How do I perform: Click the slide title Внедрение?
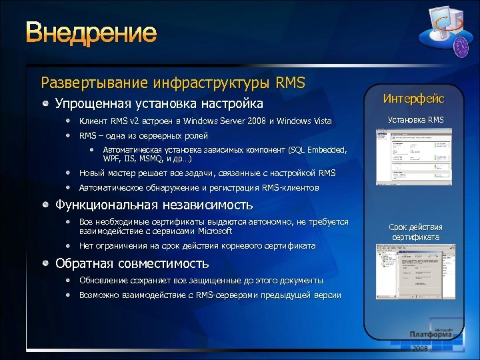tap(91, 33)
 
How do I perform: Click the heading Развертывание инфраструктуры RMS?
tap(173, 83)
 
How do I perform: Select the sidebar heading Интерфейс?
tap(413, 99)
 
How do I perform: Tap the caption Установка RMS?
tap(416, 120)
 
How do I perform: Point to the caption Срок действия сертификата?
tap(415, 232)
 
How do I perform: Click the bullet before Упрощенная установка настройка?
tap(45, 104)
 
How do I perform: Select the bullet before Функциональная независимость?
tap(45, 205)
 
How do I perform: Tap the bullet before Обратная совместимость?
tap(45, 263)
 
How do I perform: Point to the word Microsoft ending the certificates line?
tap(215, 231)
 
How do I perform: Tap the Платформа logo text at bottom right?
tap(433, 334)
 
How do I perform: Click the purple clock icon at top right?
tap(444, 47)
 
